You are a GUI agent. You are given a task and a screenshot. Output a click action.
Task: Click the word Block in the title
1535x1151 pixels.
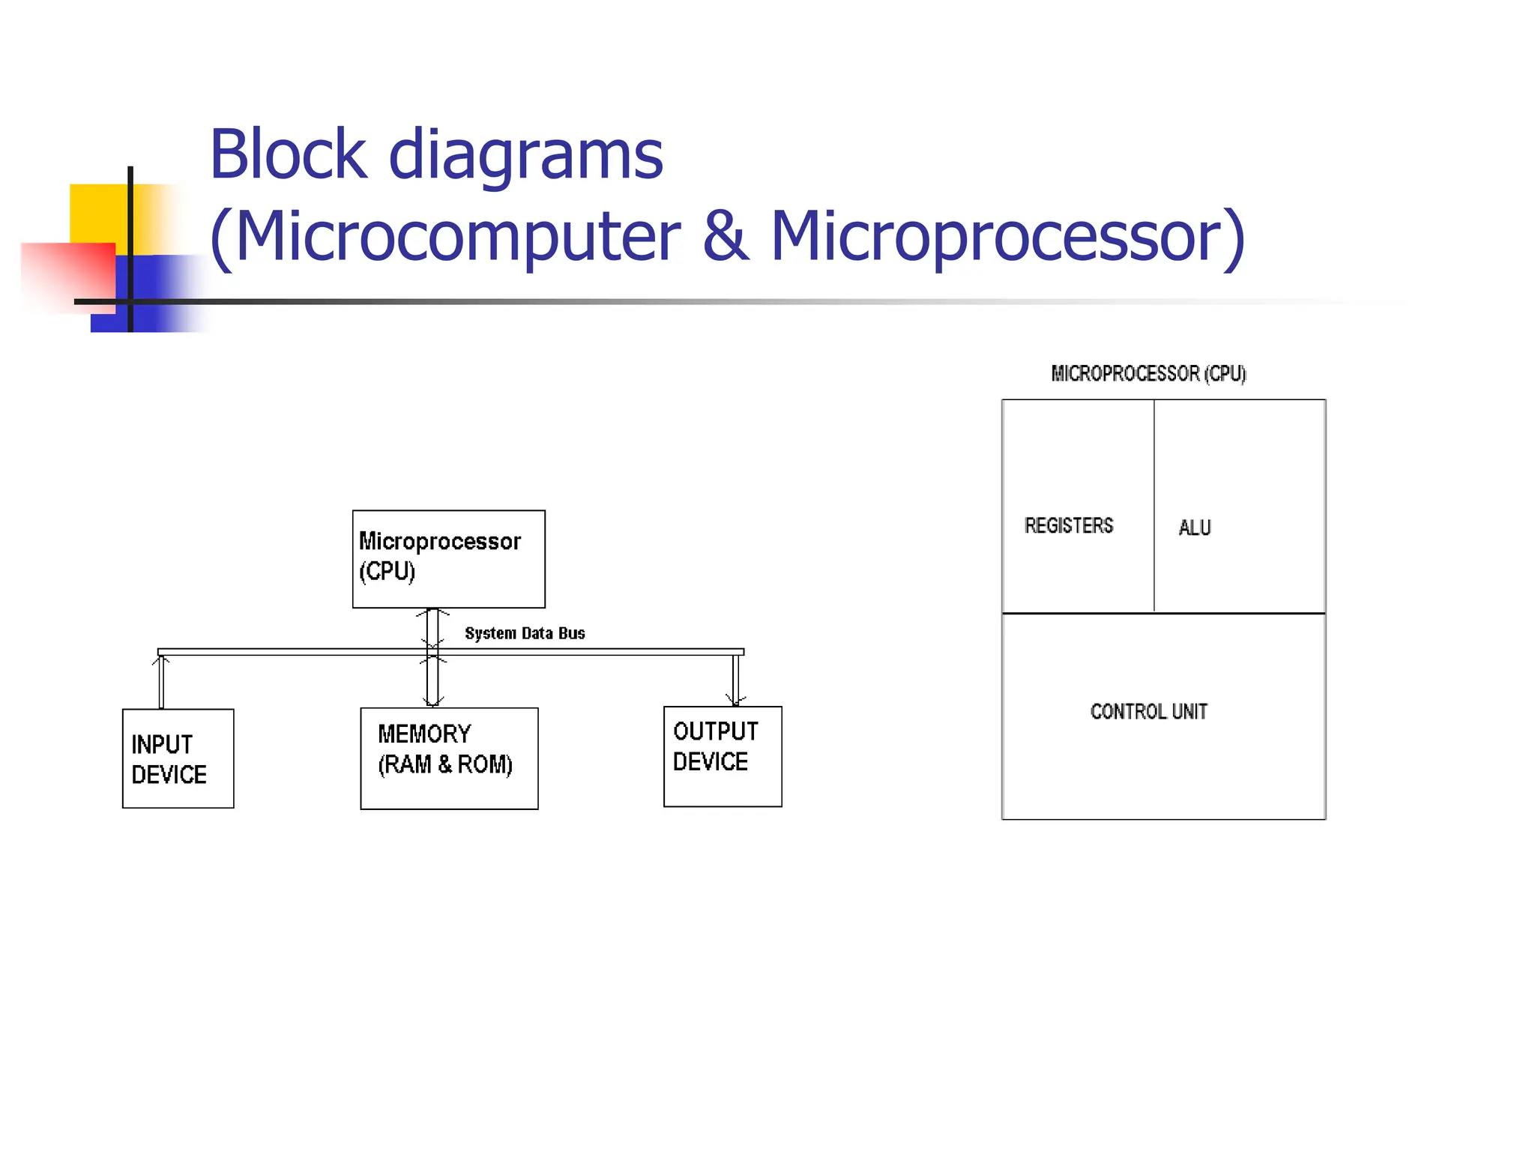point(288,155)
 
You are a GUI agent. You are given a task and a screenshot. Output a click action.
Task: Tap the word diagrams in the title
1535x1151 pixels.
point(525,155)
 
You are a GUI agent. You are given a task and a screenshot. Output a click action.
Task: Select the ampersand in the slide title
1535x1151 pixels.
point(726,236)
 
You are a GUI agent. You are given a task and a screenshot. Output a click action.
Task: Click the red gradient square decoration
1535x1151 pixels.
point(67,274)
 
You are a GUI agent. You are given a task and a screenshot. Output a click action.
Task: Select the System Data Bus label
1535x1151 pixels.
point(525,633)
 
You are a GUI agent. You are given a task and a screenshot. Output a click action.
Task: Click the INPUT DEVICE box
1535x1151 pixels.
point(178,758)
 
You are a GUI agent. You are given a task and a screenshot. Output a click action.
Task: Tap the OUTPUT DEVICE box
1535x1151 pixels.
point(723,756)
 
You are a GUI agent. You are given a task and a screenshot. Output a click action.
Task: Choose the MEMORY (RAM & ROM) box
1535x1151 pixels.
point(449,758)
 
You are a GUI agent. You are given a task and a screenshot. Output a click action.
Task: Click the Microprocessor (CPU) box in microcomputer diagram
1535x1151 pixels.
point(448,559)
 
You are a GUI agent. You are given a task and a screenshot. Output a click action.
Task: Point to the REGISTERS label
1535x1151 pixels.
point(1069,526)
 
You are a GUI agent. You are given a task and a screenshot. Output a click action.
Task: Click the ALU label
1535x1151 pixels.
point(1194,528)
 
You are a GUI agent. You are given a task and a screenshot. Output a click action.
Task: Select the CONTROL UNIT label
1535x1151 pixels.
point(1148,711)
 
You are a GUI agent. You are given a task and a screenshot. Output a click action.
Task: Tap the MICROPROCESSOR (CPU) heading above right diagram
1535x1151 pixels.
point(1148,373)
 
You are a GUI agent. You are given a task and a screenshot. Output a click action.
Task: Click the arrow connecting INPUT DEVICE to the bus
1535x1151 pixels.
point(161,682)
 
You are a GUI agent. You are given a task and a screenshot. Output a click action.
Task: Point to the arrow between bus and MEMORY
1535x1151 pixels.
point(432,680)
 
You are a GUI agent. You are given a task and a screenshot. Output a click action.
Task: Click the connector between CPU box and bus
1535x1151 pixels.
point(432,628)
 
